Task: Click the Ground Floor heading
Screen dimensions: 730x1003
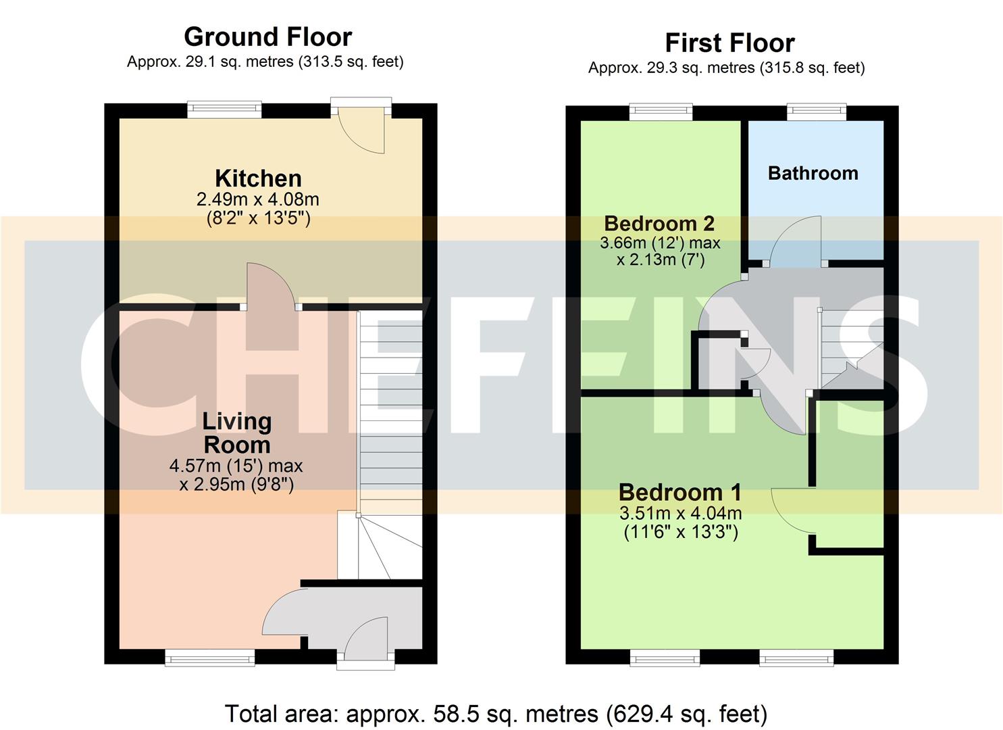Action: point(267,36)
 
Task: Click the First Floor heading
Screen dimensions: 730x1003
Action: point(729,43)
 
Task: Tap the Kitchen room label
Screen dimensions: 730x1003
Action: point(258,178)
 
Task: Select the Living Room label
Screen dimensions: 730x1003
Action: point(237,433)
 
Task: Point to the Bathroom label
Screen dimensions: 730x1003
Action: point(813,173)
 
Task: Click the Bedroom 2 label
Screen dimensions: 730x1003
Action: point(659,223)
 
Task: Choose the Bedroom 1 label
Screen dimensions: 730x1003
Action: point(679,492)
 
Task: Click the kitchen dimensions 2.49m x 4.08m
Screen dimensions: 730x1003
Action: point(257,200)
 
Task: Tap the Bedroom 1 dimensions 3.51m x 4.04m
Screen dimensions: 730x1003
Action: point(680,514)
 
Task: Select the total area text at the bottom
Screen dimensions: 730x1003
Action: point(496,714)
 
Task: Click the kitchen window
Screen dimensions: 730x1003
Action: point(224,109)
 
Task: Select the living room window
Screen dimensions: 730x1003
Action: point(210,658)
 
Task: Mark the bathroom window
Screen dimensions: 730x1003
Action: point(816,112)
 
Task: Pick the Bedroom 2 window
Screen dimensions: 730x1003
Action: point(661,112)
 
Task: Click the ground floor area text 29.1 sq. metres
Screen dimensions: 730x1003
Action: point(265,62)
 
